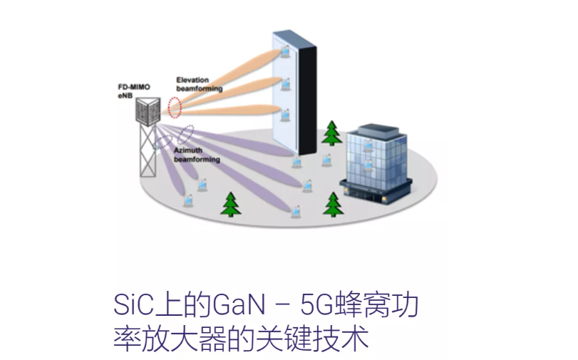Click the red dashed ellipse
175,108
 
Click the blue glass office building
377,160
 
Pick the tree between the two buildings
331,133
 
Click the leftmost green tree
230,205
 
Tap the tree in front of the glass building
333,205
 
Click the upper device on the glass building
368,145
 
